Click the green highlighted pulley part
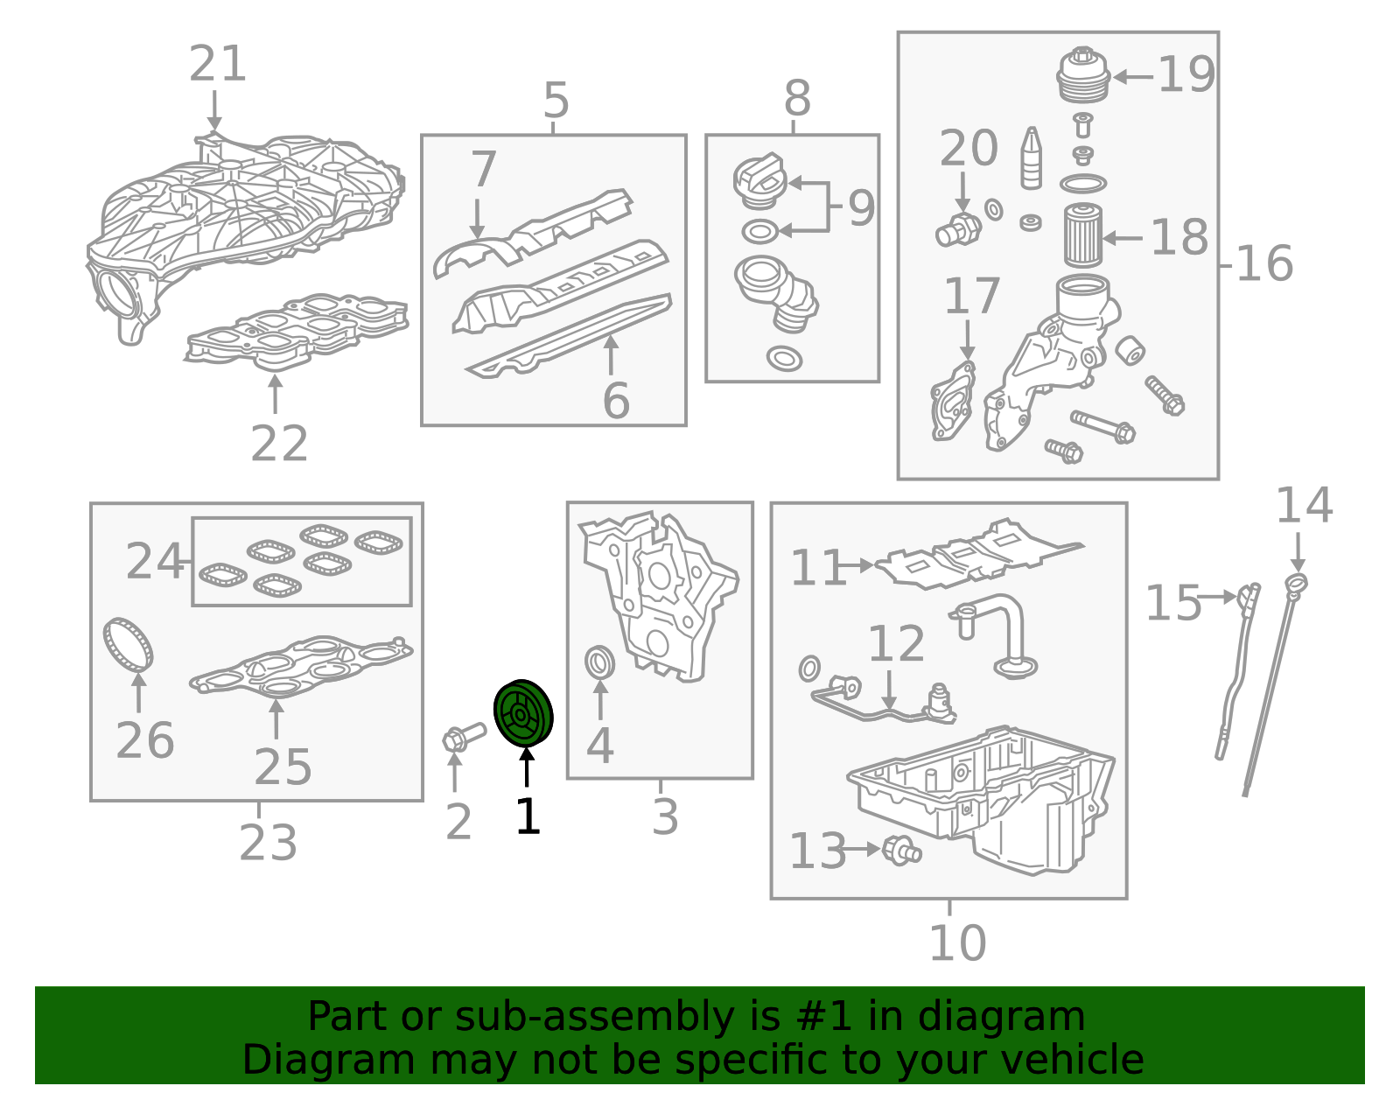coord(523,713)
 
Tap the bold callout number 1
coord(528,816)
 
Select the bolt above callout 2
coord(464,738)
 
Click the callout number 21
coord(218,64)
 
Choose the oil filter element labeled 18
coord(1083,235)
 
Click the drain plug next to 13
coord(902,851)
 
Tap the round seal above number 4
coord(600,662)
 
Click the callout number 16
coord(1264,263)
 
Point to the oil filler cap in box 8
coord(760,181)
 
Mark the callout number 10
coord(957,943)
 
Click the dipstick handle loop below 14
coord(1296,584)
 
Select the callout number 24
coord(155,561)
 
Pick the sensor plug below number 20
coord(959,230)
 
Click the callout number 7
coord(483,169)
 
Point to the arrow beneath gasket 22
coord(275,394)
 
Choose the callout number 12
coord(896,643)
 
